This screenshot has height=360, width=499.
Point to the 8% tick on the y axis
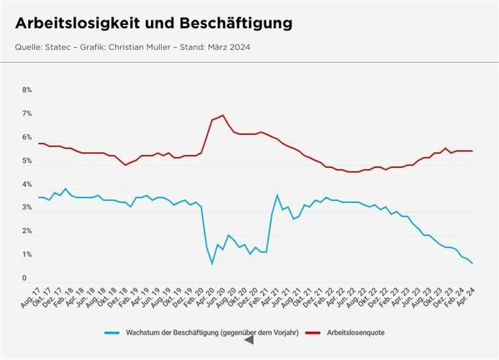pyautogui.click(x=27, y=90)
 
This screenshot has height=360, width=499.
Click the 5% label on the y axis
pyautogui.click(x=27, y=161)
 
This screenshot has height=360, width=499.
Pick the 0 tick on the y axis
pyautogui.click(x=24, y=279)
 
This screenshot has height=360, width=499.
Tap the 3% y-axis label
pyautogui.click(x=27, y=208)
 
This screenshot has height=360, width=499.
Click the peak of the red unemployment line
pyautogui.click(x=223, y=115)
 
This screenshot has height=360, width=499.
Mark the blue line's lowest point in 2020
pyautogui.click(x=212, y=263)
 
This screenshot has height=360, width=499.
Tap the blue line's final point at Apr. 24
pyautogui.click(x=472, y=263)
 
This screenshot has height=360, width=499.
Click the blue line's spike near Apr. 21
pyautogui.click(x=277, y=195)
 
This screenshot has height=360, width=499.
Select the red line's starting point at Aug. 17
pyautogui.click(x=39, y=143)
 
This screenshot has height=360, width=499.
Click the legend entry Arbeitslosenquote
pyautogui.click(x=355, y=333)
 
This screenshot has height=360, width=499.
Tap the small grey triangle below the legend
pyautogui.click(x=248, y=341)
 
